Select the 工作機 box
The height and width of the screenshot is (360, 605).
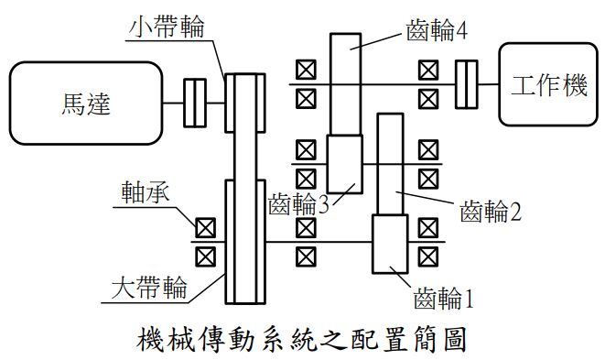tap(546, 86)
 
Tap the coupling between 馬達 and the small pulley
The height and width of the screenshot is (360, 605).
tap(195, 103)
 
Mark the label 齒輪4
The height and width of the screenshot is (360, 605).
tap(437, 32)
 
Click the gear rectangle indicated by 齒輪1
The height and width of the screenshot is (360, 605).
tap(390, 245)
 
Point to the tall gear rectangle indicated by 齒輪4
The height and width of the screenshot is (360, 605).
tap(345, 82)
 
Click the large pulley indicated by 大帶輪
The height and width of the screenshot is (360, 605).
tap(244, 242)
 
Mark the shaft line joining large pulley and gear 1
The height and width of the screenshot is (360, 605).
tap(320, 242)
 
